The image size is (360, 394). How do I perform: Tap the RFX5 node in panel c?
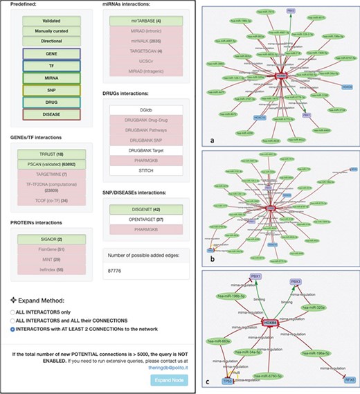(348, 380)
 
